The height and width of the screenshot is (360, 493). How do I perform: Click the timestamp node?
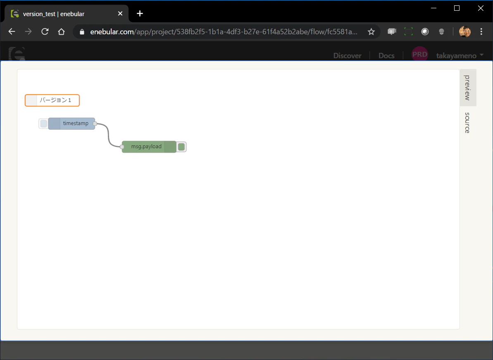71,123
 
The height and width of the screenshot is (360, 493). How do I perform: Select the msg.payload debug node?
149,147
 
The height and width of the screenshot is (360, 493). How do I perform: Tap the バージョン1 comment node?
52,100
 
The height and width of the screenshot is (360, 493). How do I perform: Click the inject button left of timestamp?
44,124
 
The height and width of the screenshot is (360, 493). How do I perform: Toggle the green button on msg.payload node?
181,147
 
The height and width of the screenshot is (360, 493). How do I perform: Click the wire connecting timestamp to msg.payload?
108,135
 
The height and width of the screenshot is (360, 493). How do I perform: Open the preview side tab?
468,88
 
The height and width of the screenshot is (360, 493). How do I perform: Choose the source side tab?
468,123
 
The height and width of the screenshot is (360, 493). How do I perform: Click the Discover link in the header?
347,56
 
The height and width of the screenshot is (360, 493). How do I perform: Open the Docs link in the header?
386,56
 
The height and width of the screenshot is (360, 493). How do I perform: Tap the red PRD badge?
420,54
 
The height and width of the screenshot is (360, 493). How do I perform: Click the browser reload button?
45,31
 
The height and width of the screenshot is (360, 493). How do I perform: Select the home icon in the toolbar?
61,31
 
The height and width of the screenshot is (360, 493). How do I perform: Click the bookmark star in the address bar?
372,31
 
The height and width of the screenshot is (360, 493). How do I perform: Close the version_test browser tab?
120,14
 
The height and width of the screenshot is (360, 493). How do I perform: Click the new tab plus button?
140,14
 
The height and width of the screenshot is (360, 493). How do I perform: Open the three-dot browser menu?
481,31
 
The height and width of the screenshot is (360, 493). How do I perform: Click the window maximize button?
457,8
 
